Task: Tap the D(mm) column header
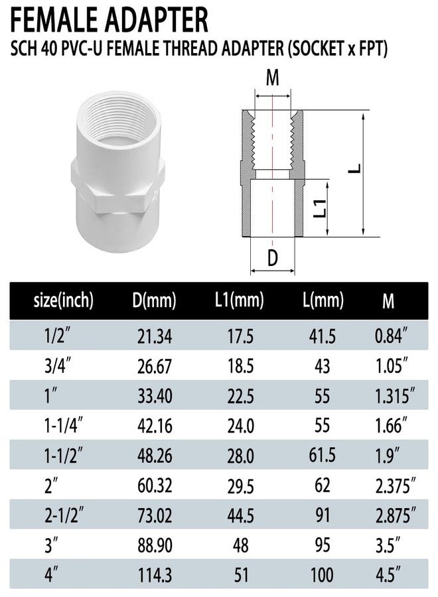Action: (154, 300)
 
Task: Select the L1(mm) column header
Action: (239, 300)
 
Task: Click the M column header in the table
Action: (388, 301)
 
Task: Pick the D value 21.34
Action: (155, 336)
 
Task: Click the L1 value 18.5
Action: (240, 366)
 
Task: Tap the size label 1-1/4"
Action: (64, 425)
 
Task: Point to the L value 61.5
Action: (323, 455)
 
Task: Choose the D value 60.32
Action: (155, 486)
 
